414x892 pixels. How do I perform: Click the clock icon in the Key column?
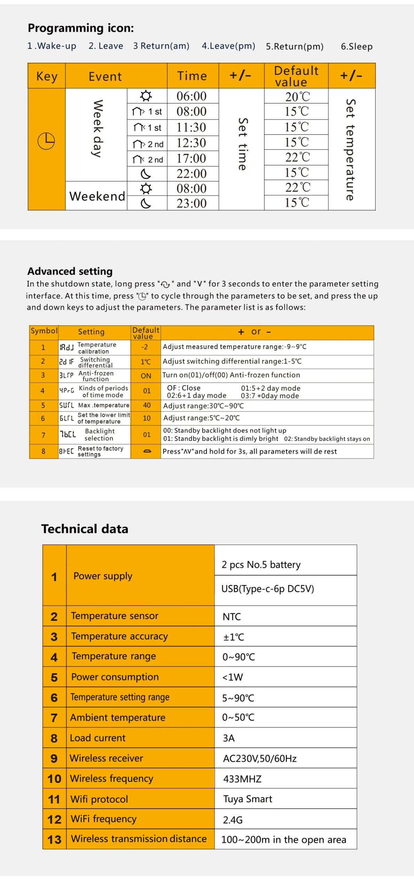click(x=46, y=141)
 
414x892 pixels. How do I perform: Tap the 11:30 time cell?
click(x=192, y=128)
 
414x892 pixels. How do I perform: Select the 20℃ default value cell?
click(x=297, y=97)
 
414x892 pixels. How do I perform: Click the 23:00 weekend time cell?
click(x=192, y=203)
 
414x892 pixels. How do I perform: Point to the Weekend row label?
click(x=97, y=196)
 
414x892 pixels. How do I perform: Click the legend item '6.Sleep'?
click(x=356, y=46)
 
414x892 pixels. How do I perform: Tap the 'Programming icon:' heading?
click(x=81, y=28)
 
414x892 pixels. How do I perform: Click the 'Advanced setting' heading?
click(x=70, y=271)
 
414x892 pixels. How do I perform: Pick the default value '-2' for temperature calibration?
click(x=144, y=347)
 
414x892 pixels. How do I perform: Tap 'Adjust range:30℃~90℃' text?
click(x=203, y=406)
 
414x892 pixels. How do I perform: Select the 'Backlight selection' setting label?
click(x=99, y=435)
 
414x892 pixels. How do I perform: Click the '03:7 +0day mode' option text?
click(x=270, y=396)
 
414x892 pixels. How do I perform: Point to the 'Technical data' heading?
click(x=85, y=529)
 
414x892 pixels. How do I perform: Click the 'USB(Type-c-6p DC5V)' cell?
click(x=267, y=589)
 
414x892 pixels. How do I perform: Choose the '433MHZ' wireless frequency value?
click(x=242, y=779)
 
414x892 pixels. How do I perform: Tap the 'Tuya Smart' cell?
click(x=248, y=799)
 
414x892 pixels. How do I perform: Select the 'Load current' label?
click(x=97, y=738)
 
